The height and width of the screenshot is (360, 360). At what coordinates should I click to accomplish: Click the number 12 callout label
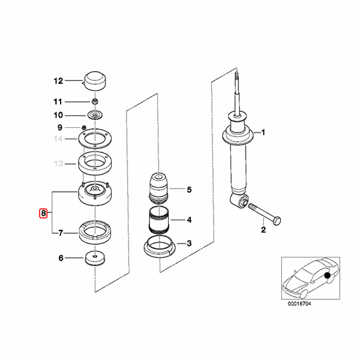point(58,81)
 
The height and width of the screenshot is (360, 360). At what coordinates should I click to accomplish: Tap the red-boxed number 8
point(43,214)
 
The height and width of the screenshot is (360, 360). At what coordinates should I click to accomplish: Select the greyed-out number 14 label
point(58,139)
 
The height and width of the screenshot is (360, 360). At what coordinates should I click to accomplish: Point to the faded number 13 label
point(58,164)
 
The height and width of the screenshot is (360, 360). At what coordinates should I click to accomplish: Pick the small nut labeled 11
point(95,101)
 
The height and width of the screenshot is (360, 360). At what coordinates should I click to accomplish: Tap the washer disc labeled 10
point(95,115)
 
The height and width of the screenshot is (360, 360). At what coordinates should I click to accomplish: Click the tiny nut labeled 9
point(84,127)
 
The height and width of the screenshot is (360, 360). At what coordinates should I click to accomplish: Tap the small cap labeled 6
point(95,258)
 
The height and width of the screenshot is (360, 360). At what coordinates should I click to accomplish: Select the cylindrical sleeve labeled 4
point(158,220)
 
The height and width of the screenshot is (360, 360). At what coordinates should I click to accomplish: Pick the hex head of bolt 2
point(277,221)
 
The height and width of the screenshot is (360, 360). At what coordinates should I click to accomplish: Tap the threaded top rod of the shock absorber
point(237,83)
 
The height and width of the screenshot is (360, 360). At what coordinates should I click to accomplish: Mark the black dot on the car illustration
point(327,275)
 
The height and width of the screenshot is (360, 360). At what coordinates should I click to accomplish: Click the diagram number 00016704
point(299,304)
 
